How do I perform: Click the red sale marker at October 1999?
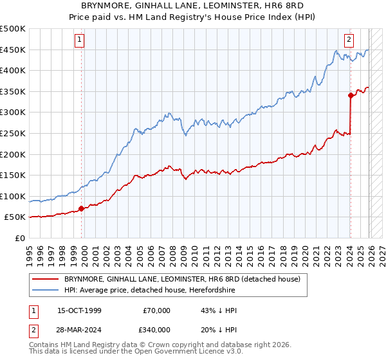pyautogui.click(x=82, y=208)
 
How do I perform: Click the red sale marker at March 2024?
pyautogui.click(x=351, y=95)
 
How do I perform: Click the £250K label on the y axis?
pyautogui.click(x=14, y=133)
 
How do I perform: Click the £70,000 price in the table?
pyautogui.click(x=156, y=310)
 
